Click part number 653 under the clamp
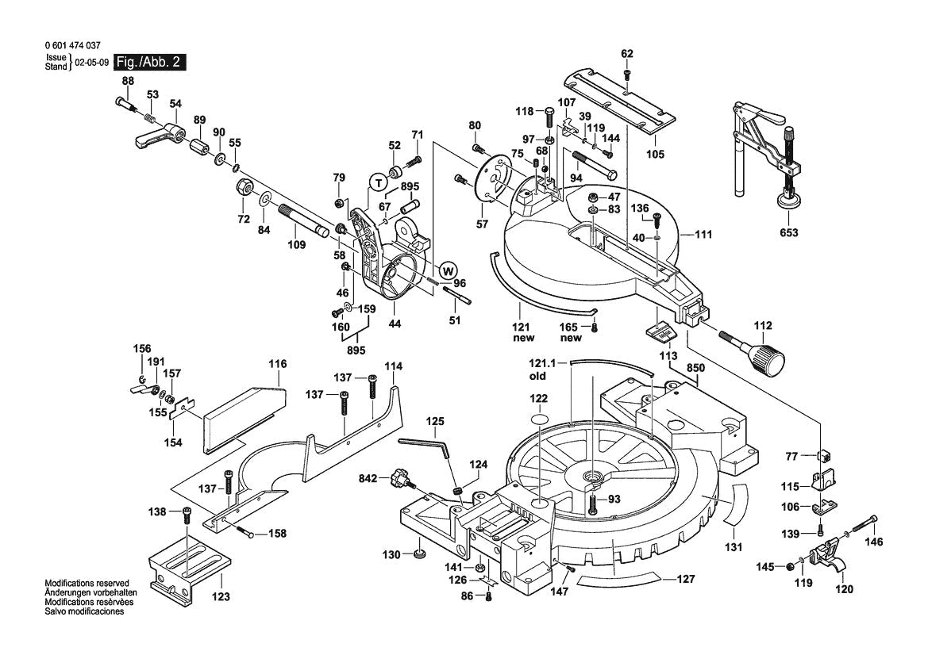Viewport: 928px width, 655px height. coord(788,232)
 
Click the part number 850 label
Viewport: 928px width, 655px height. coord(695,368)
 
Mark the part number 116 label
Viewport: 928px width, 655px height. coord(277,364)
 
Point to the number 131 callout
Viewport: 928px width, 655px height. coord(734,547)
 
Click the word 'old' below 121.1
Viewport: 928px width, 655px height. coord(538,377)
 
